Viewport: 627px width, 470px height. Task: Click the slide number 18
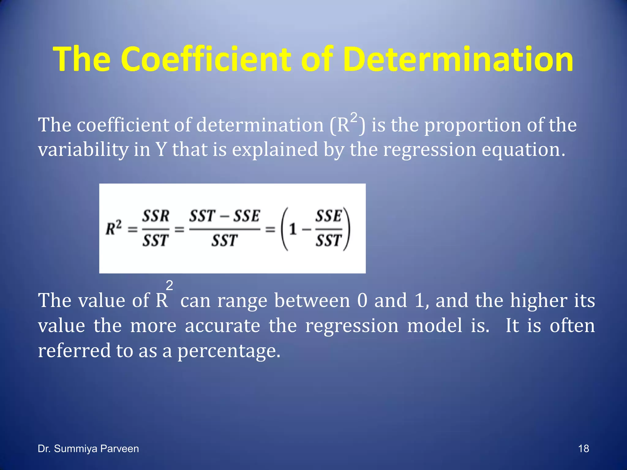coord(583,449)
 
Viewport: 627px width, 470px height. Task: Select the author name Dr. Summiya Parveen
coord(88,449)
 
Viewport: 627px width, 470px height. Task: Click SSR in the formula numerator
coord(156,216)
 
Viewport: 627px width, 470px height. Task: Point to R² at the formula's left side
coord(114,228)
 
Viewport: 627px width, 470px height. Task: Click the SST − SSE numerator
coord(224,216)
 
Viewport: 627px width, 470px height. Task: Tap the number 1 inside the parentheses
coord(293,229)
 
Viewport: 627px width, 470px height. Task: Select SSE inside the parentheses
coord(329,216)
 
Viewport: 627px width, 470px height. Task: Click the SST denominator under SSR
coord(156,241)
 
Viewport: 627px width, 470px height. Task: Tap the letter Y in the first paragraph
coord(161,150)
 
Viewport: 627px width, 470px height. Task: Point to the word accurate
coord(223,326)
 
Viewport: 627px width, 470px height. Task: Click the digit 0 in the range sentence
coord(362,300)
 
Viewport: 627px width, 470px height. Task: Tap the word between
coord(312,300)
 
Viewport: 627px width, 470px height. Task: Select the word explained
coord(275,150)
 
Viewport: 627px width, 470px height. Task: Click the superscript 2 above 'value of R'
coord(169,285)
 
